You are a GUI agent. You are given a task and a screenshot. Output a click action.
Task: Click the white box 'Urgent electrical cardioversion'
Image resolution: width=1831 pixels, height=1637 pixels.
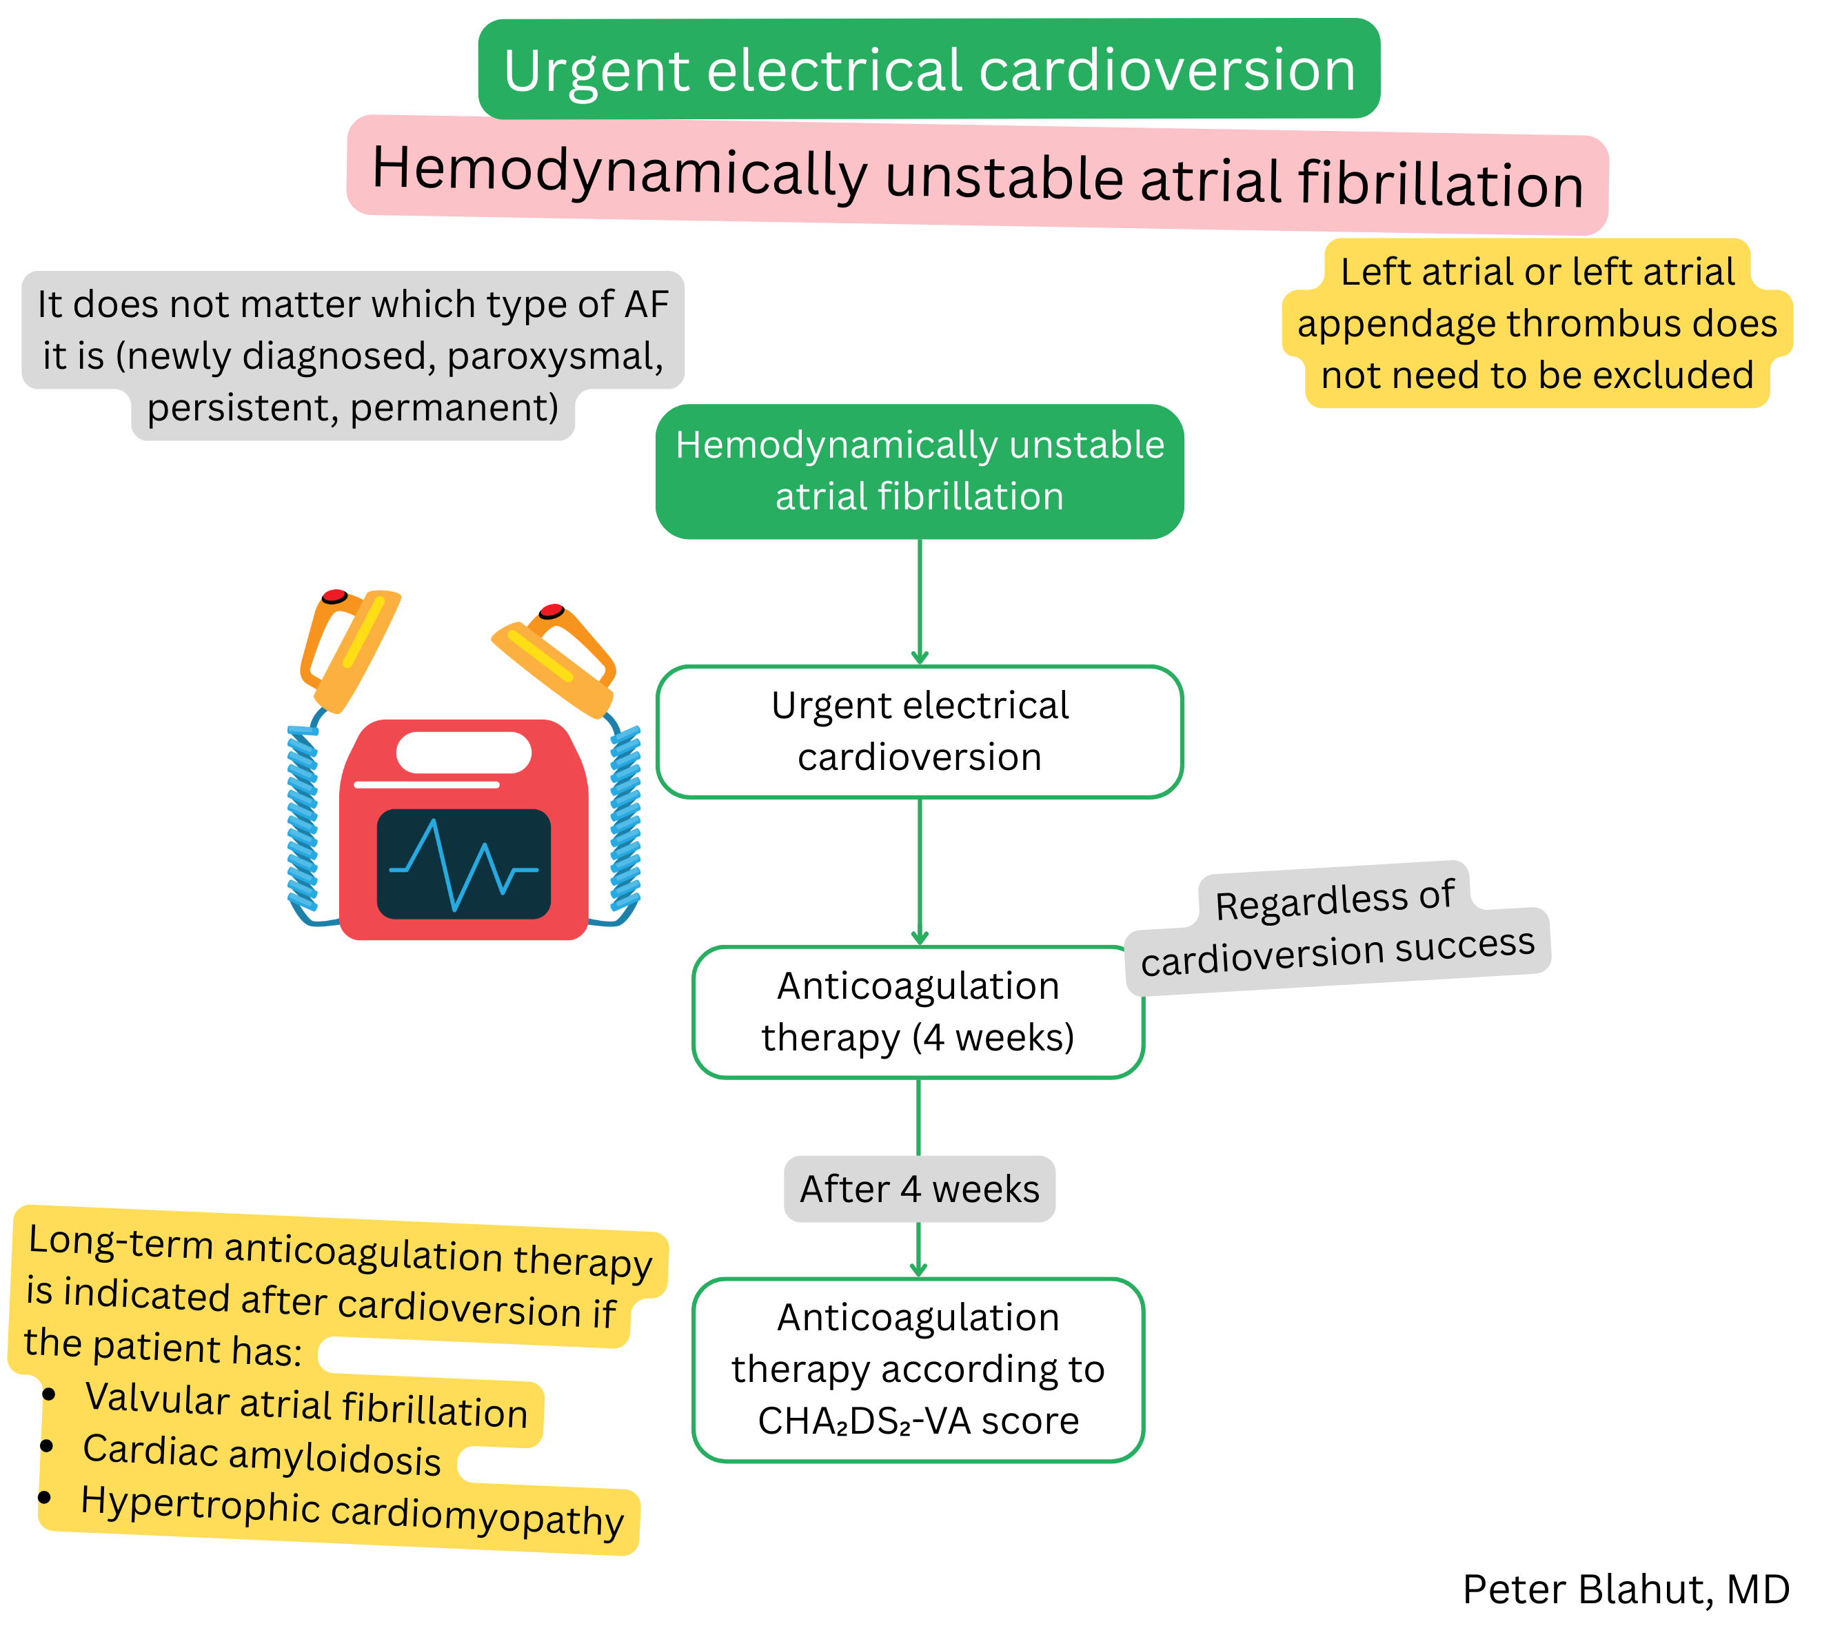919,731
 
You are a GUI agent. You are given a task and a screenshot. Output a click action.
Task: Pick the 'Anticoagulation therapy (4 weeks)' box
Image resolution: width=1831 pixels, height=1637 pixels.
918,1011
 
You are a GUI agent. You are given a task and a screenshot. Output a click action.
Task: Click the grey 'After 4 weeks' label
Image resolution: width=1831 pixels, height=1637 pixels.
919,1188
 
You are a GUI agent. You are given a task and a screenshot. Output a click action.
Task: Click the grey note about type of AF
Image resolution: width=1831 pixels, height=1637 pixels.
353,355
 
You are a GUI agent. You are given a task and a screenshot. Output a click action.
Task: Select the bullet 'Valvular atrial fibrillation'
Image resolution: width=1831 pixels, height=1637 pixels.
306,1407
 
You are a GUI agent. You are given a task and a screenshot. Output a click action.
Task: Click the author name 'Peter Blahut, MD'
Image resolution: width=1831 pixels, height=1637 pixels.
1625,1589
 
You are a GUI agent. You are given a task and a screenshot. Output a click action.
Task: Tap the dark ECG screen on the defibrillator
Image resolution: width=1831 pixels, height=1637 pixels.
463,864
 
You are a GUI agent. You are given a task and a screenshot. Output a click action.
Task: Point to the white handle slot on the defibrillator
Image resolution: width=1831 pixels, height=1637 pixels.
463,752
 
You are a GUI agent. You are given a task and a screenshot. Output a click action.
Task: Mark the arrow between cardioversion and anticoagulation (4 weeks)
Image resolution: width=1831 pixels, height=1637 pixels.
920,870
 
